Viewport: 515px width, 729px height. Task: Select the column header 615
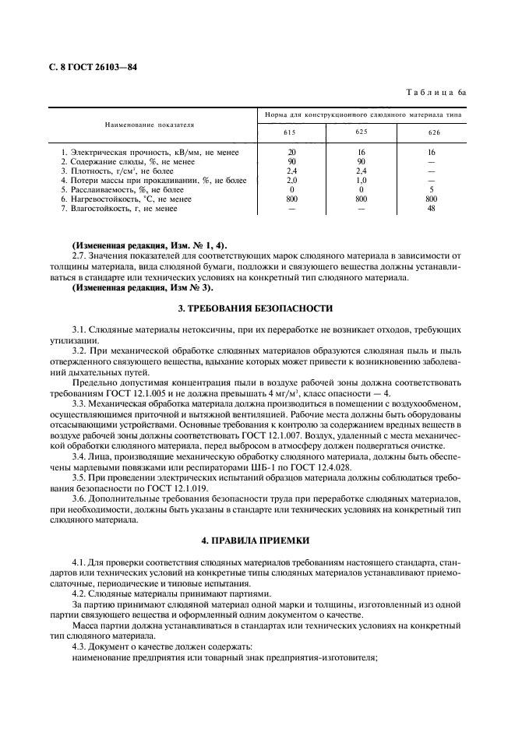(x=291, y=132)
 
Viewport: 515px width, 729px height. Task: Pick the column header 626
(x=431, y=132)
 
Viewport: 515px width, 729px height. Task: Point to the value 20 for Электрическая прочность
(x=291, y=152)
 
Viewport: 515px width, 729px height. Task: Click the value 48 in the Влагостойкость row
(x=431, y=208)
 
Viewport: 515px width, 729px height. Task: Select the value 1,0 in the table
(x=362, y=180)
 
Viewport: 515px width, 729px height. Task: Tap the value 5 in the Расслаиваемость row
(x=431, y=189)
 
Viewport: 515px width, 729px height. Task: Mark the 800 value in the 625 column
(x=362, y=199)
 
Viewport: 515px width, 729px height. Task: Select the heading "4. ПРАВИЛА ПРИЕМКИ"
(x=256, y=539)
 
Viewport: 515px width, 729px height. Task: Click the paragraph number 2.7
(x=80, y=255)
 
